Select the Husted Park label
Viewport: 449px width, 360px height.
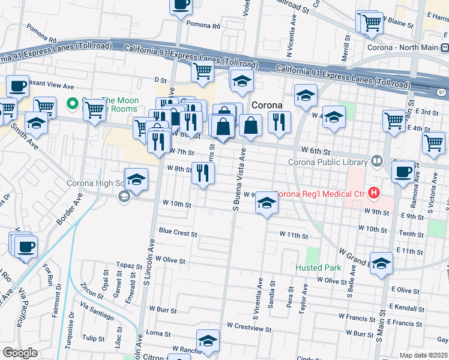(x=318, y=268)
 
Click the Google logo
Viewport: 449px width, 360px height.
(x=20, y=353)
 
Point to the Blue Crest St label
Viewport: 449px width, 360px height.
(x=178, y=232)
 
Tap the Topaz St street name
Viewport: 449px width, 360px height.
(x=129, y=265)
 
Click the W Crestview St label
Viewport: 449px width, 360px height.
(x=249, y=329)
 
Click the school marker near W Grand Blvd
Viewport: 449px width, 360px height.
(x=381, y=263)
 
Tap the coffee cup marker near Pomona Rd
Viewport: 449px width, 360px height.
(x=181, y=5)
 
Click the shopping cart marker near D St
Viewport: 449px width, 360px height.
(x=203, y=71)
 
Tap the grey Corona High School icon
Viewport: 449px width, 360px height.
(x=124, y=197)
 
